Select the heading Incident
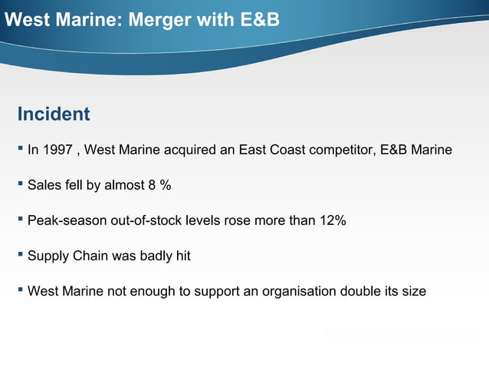tap(54, 114)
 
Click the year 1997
tap(59, 150)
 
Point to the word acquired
tap(189, 150)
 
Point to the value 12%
tap(332, 221)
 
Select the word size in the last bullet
tap(414, 292)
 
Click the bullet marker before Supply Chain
tap(21, 254)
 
